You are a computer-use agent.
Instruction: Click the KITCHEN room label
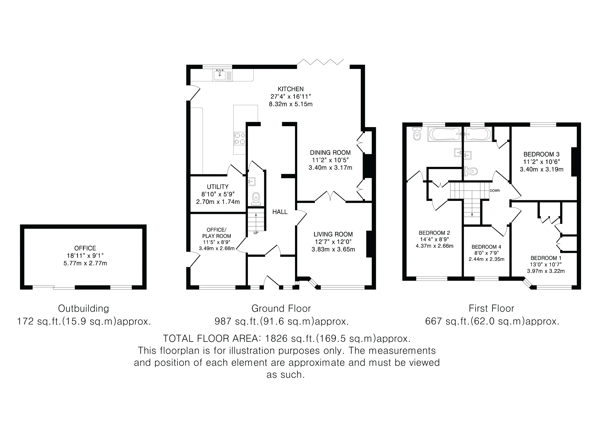[x=291, y=89]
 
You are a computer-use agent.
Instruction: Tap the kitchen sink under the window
[x=223, y=75]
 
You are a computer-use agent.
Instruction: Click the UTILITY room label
[x=218, y=187]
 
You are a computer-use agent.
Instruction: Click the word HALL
[x=280, y=212]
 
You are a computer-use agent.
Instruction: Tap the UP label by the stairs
[x=256, y=233]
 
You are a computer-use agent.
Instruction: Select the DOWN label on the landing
[x=495, y=191]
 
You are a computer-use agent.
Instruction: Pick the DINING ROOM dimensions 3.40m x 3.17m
[x=330, y=168]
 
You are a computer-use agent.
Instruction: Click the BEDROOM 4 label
[x=486, y=247]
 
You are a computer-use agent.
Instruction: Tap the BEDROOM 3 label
[x=542, y=154]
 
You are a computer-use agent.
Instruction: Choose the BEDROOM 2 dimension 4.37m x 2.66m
[x=435, y=246]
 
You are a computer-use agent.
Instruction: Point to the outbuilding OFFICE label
[x=85, y=248]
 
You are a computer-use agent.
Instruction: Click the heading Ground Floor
[x=281, y=308]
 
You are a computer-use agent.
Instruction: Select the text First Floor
[x=491, y=308]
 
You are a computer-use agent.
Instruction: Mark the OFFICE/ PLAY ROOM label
[x=217, y=233]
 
